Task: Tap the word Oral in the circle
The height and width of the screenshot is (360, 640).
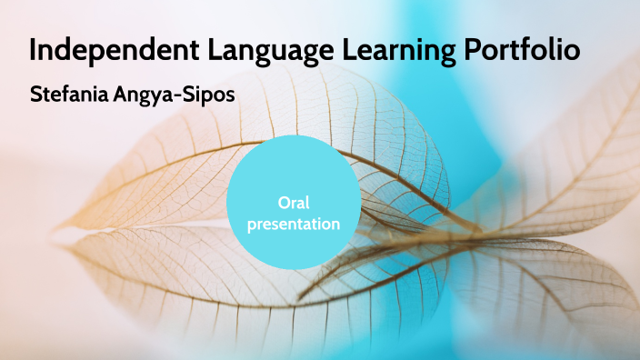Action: [293, 203]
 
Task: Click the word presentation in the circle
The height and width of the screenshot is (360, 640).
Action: [293, 223]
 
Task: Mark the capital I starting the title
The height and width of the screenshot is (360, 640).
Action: [33, 50]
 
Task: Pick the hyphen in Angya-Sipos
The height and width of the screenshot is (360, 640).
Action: [175, 95]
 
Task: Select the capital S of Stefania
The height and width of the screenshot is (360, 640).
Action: [35, 94]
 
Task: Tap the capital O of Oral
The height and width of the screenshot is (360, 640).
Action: [282, 203]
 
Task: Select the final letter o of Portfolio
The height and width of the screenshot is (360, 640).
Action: [572, 52]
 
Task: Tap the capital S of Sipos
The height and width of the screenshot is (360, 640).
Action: [185, 94]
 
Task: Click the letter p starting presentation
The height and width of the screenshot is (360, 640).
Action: [252, 225]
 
